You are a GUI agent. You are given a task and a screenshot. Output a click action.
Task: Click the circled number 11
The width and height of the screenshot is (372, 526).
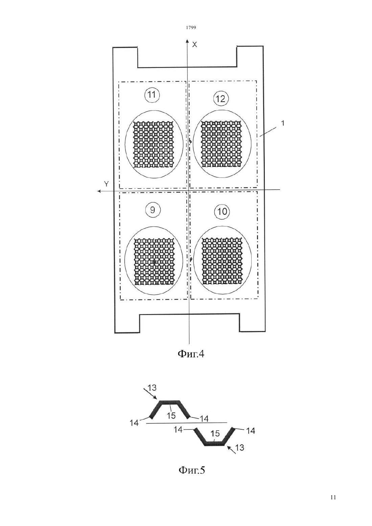click(x=152, y=95)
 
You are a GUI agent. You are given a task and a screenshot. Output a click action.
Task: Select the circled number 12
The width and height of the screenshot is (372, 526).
click(x=220, y=99)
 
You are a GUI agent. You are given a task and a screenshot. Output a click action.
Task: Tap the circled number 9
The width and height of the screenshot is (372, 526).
click(x=153, y=210)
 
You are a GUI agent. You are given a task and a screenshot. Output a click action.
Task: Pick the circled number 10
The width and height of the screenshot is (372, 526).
click(x=222, y=212)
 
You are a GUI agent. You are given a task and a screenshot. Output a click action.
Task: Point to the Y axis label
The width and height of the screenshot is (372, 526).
click(x=107, y=184)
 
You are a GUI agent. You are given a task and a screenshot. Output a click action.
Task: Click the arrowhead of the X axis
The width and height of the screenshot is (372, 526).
click(x=187, y=41)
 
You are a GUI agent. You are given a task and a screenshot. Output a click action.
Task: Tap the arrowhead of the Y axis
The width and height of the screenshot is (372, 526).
click(x=99, y=191)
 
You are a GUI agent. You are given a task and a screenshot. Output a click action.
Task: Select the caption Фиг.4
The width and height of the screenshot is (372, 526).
click(x=191, y=354)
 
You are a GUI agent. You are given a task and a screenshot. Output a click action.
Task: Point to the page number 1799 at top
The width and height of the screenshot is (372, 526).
click(x=191, y=28)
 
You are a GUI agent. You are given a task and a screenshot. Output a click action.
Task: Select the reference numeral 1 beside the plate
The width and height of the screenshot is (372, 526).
click(x=283, y=123)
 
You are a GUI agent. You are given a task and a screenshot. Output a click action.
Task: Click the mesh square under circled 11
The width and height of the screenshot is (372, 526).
click(x=154, y=144)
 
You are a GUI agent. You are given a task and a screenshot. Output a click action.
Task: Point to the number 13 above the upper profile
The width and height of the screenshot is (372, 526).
click(x=152, y=388)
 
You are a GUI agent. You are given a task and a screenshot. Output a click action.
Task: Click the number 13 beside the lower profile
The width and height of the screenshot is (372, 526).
click(x=239, y=448)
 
